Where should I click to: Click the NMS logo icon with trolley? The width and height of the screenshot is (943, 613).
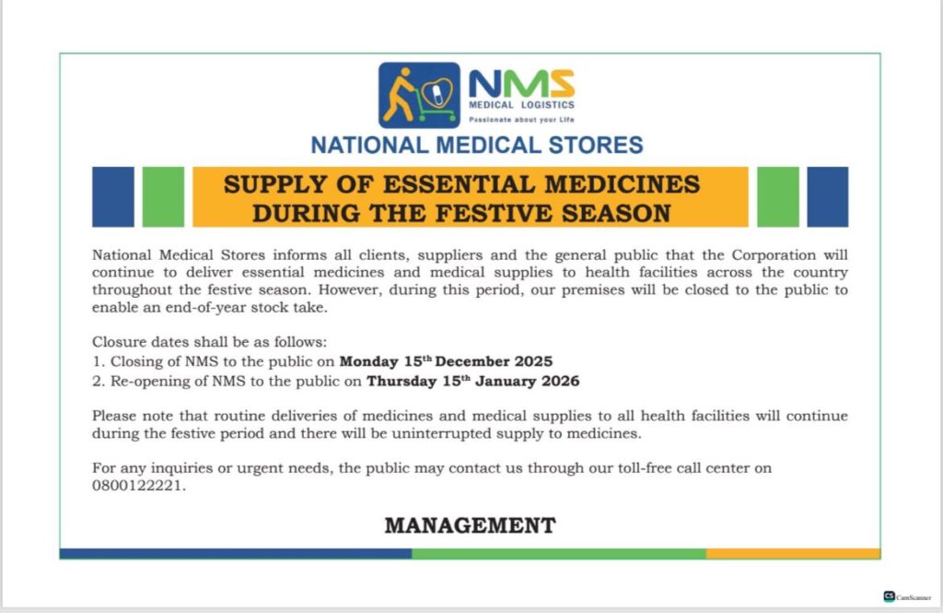pyautogui.click(x=419, y=95)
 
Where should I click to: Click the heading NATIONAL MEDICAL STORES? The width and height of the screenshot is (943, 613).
pyautogui.click(x=476, y=145)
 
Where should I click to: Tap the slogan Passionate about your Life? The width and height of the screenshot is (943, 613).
pyautogui.click(x=520, y=120)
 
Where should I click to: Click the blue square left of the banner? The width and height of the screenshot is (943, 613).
pyautogui.click(x=112, y=196)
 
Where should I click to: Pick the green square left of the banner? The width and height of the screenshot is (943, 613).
pyautogui.click(x=163, y=196)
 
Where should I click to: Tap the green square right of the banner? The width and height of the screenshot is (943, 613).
pyautogui.click(x=777, y=196)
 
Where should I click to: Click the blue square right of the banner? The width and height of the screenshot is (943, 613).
pyautogui.click(x=827, y=196)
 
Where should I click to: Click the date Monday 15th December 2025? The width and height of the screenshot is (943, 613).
pyautogui.click(x=446, y=361)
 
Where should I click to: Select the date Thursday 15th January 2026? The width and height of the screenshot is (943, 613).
pyautogui.click(x=472, y=381)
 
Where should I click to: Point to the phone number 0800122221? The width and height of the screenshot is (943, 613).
pyautogui.click(x=138, y=487)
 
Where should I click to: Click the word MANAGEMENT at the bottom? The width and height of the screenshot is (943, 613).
pyautogui.click(x=470, y=526)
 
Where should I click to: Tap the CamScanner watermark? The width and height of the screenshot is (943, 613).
pyautogui.click(x=907, y=596)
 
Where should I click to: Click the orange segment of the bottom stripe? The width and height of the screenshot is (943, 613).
pyautogui.click(x=793, y=554)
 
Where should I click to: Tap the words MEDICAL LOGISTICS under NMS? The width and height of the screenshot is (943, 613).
pyautogui.click(x=522, y=105)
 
